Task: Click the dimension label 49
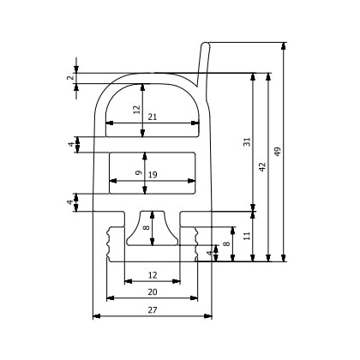point(276,151)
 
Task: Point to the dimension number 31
point(246,141)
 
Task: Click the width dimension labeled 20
point(151,291)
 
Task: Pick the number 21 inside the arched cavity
point(152,117)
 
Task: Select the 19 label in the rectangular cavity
point(152,175)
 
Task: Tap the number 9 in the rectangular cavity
point(139,173)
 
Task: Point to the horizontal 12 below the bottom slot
point(152,274)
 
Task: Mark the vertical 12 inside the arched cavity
point(135,109)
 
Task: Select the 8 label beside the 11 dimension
point(226,244)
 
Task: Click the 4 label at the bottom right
point(210,254)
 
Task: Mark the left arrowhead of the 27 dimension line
point(95,315)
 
